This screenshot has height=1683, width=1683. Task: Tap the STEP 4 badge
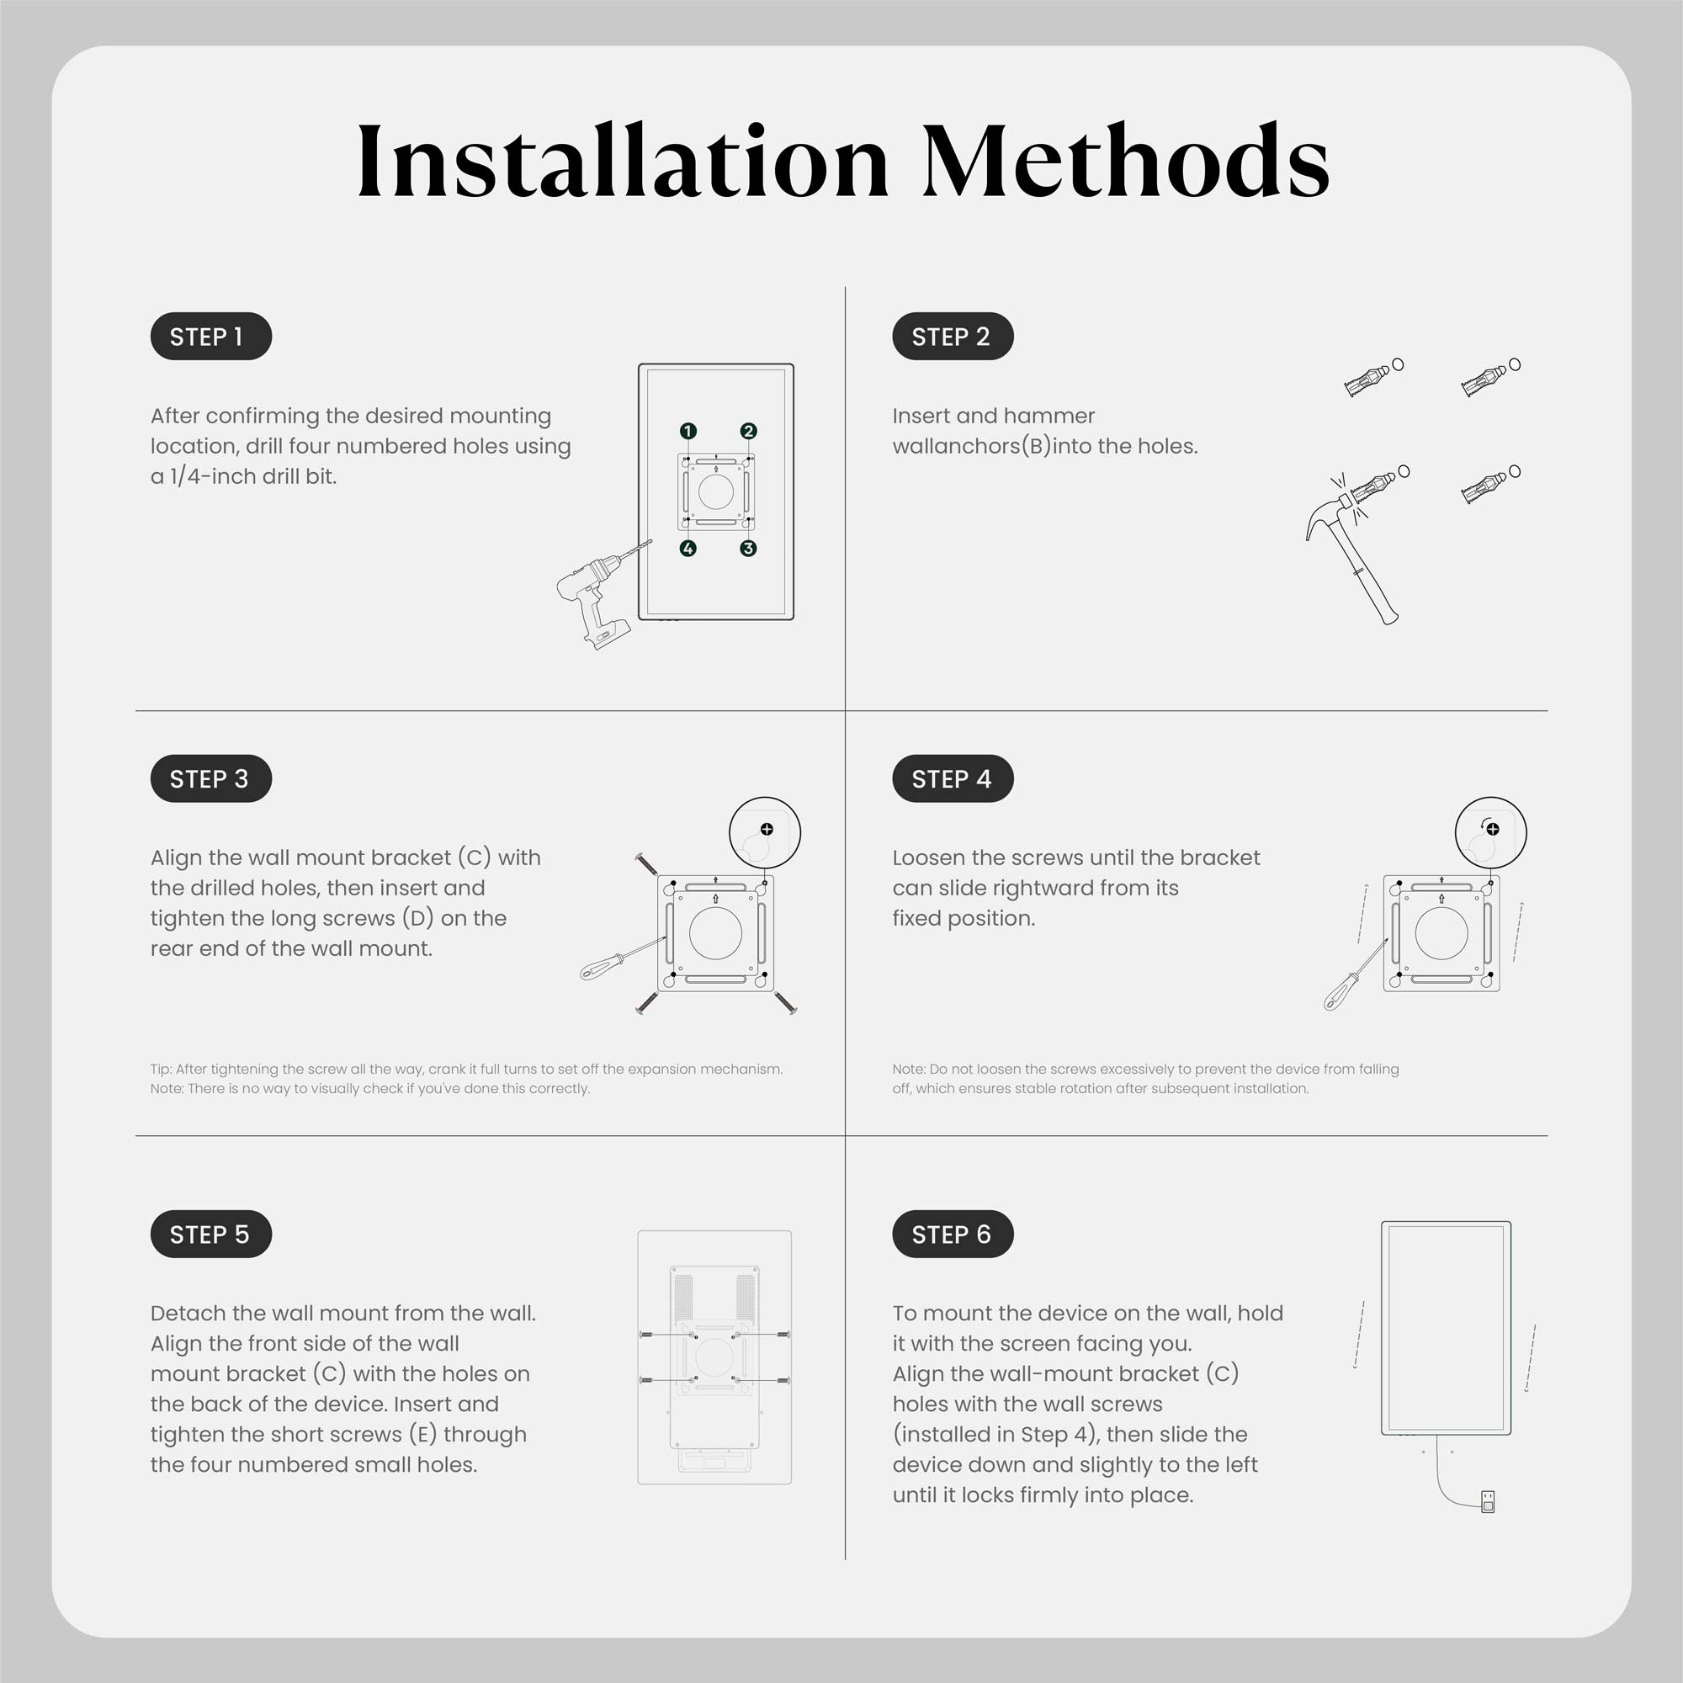pyautogui.click(x=952, y=778)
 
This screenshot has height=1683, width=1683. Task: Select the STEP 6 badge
pyautogui.click(x=952, y=1234)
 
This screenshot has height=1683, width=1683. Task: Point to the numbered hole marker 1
pyautogui.click(x=688, y=431)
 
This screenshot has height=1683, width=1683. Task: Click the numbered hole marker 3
pyautogui.click(x=748, y=548)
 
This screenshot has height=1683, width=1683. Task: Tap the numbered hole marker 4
pyautogui.click(x=688, y=548)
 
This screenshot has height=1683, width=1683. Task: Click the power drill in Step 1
pyautogui.click(x=592, y=597)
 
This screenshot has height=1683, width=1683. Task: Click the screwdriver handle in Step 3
pyautogui.click(x=599, y=967)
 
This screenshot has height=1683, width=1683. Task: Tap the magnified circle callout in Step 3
pyautogui.click(x=764, y=832)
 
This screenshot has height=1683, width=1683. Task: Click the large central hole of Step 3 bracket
pyautogui.click(x=715, y=933)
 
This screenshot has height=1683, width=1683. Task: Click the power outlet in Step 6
pyautogui.click(x=1488, y=1500)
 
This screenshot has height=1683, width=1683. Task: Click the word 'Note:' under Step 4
pyautogui.click(x=909, y=1069)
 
